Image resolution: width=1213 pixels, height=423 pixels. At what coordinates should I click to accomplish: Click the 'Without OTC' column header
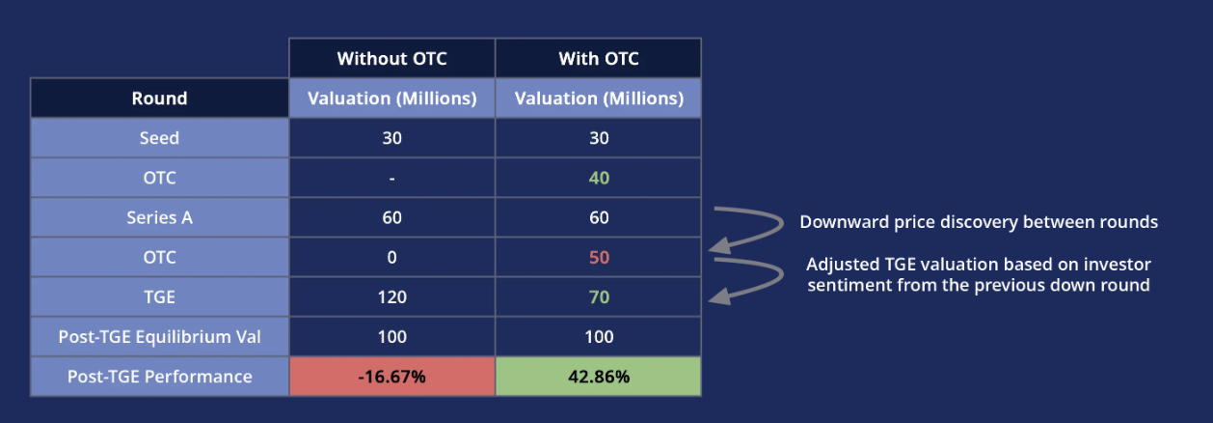pyautogui.click(x=391, y=59)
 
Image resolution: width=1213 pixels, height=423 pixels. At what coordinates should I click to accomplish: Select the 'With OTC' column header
pyautogui.click(x=598, y=59)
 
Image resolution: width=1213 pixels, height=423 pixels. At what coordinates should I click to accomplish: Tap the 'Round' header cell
pyautogui.click(x=159, y=99)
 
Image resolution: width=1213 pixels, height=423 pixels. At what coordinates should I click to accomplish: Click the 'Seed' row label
pyautogui.click(x=159, y=138)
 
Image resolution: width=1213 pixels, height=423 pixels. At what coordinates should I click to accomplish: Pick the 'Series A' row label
pyautogui.click(x=159, y=217)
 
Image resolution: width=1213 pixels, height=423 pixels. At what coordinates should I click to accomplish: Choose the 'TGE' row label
pyautogui.click(x=159, y=296)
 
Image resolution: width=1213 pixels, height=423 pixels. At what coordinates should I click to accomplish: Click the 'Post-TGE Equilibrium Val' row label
pyautogui.click(x=159, y=337)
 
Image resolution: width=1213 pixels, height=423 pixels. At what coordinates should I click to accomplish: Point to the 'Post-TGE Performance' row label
pyautogui.click(x=159, y=377)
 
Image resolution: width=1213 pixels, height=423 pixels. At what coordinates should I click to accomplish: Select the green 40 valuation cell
pyautogui.click(x=598, y=178)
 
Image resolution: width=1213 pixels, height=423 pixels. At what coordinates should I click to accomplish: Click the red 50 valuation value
pyautogui.click(x=598, y=258)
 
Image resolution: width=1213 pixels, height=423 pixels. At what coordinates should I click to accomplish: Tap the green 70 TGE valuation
pyautogui.click(x=598, y=297)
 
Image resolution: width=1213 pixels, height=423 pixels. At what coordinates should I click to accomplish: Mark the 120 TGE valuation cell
pyautogui.click(x=391, y=297)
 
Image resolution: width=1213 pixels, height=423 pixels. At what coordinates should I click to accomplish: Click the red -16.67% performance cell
pyautogui.click(x=391, y=377)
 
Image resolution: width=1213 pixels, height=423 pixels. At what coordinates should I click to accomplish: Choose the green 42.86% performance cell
pyautogui.click(x=598, y=377)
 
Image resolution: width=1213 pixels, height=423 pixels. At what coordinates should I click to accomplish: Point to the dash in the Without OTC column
pyautogui.click(x=391, y=179)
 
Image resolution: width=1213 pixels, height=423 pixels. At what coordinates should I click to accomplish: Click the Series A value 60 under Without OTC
pyautogui.click(x=391, y=218)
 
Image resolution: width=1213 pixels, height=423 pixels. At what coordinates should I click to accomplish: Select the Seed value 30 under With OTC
pyautogui.click(x=598, y=138)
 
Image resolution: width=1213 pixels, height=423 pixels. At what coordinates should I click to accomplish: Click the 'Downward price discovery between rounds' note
pyautogui.click(x=978, y=222)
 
